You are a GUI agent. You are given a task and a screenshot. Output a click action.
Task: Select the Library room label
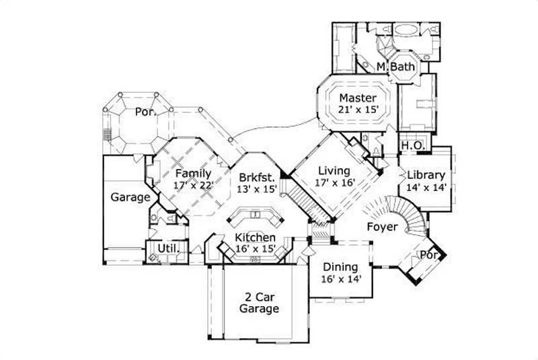426,175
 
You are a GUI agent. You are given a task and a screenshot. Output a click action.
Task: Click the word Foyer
382,227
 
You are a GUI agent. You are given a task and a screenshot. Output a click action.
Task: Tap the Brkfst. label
257,177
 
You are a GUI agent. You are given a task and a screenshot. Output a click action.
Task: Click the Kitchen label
254,238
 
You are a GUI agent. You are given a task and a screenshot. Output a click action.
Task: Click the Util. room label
167,249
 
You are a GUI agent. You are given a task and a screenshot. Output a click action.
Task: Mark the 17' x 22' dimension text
194,186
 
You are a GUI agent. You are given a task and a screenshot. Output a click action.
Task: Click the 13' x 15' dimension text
257,189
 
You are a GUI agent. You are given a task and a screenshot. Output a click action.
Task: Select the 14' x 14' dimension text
426,188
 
